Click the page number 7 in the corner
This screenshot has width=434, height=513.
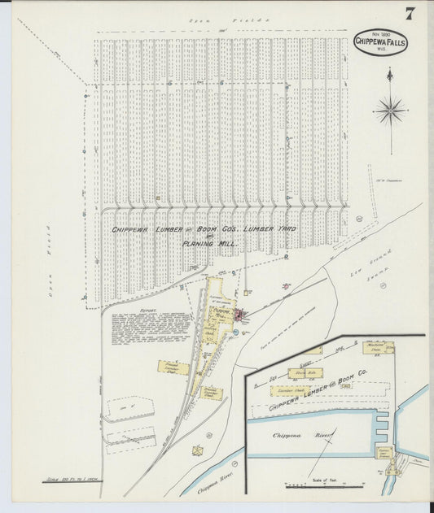pyautogui.click(x=410, y=13)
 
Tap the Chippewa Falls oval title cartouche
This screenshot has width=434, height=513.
pyautogui.click(x=381, y=42)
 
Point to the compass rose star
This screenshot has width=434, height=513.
pyautogui.click(x=391, y=108)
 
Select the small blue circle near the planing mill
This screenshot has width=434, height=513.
pyautogui.click(x=235, y=332)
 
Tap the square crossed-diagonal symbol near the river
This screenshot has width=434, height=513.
pyautogui.click(x=198, y=450)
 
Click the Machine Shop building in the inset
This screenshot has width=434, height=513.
pyautogui.click(x=378, y=347)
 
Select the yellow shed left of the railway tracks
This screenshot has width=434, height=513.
pyautogui.click(x=173, y=368)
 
